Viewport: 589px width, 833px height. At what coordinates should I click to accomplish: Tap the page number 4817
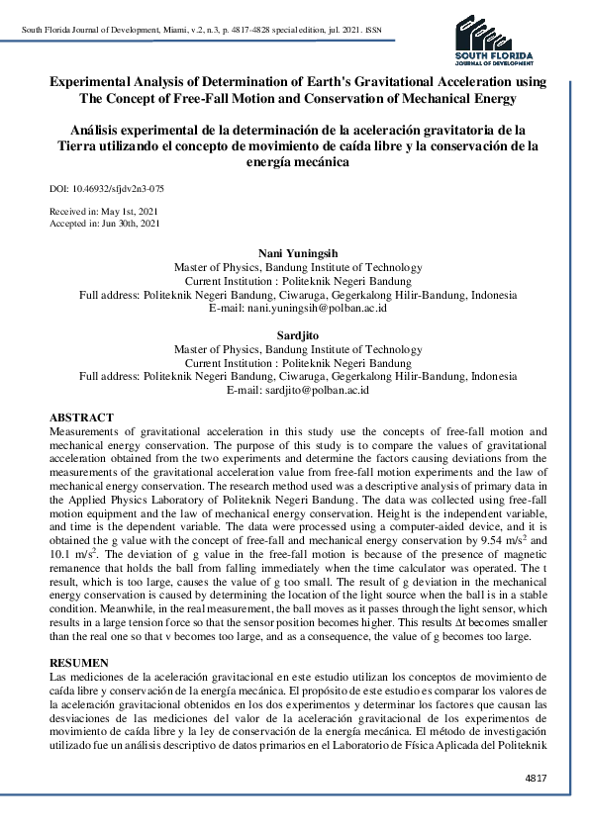(536, 780)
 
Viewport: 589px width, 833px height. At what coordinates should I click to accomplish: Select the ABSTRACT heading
(81, 418)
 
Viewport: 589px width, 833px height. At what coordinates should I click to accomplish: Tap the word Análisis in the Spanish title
(97, 130)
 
